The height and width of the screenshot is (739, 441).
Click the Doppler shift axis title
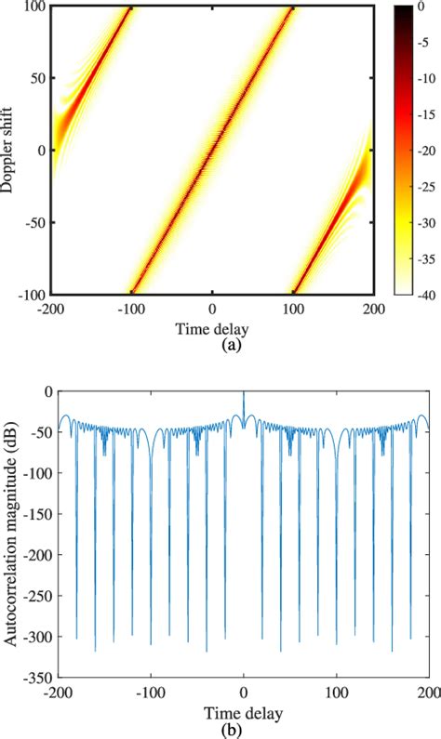tap(9, 150)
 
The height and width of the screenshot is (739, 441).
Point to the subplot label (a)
tap(213, 344)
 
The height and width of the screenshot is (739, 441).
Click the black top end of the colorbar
tap(403, 9)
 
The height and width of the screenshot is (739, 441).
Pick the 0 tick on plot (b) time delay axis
tap(243, 691)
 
